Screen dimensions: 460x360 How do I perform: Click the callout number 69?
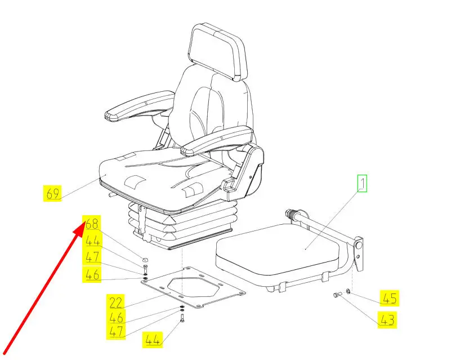pos(53,193)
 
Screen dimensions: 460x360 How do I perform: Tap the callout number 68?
pos(92,224)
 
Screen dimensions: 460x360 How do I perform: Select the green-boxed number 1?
pos(362,183)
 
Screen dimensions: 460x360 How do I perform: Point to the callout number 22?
pos(115,302)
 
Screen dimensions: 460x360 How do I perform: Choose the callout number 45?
pos(390,299)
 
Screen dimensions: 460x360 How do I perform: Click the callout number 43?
pos(387,320)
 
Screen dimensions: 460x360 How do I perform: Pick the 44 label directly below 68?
pos(93,241)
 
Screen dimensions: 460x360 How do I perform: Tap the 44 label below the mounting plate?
pos(153,340)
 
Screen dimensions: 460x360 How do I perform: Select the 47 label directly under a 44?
pos(92,257)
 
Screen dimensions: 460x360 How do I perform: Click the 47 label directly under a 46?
pos(116,331)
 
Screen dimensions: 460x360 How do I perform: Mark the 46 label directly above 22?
pos(92,275)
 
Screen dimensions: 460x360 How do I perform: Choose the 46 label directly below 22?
pos(116,317)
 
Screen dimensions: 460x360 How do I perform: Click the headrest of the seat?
pos(218,51)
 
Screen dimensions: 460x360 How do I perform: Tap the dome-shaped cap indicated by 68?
pos(145,260)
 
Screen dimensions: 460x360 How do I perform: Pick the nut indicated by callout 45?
pos(347,291)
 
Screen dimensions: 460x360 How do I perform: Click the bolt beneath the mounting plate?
pos(182,318)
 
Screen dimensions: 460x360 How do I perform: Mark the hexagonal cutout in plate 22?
pos(193,286)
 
